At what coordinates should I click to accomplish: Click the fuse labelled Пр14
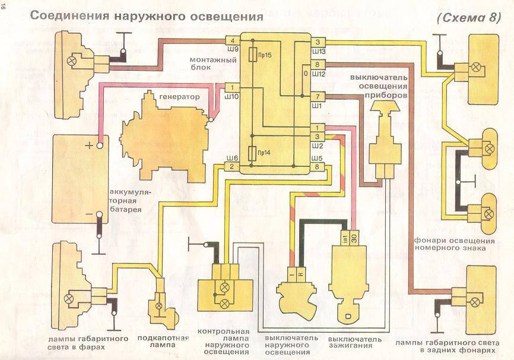[x=254, y=153]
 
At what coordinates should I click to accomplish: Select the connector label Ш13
[x=319, y=50]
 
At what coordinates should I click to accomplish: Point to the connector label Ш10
[x=233, y=96]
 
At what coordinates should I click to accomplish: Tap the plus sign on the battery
[x=89, y=145]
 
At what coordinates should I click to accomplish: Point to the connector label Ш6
[x=233, y=158]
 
